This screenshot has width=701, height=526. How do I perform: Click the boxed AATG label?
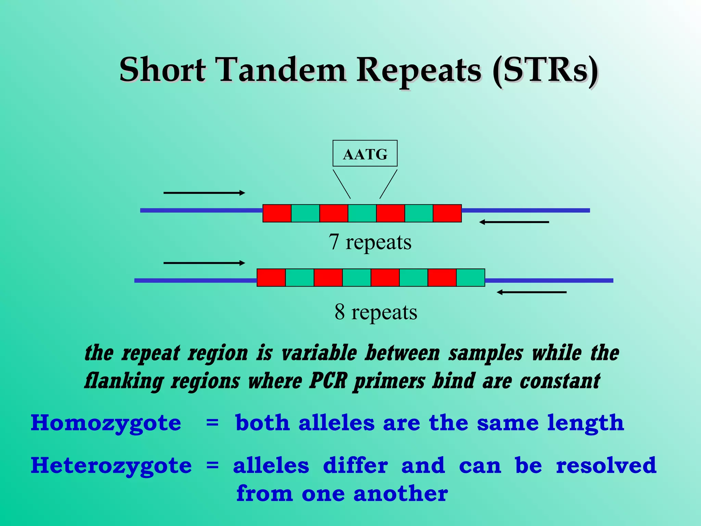[365, 153]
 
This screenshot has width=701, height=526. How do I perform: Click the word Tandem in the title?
[282, 70]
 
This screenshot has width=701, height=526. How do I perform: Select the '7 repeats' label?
[370, 242]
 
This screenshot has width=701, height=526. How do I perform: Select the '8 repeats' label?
[376, 312]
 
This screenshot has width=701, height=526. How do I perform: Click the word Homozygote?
[106, 423]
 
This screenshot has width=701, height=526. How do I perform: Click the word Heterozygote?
[111, 466]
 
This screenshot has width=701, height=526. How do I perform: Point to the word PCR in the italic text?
[328, 380]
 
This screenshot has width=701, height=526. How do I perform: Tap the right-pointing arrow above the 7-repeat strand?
[204, 193]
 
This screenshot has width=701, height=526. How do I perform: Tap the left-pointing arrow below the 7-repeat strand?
[514, 222]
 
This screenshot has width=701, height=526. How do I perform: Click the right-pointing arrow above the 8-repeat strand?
[204, 263]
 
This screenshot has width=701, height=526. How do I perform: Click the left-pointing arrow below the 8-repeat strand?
[532, 292]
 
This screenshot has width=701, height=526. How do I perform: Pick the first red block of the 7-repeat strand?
[277, 213]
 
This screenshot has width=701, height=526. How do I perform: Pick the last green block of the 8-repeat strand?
[470, 277]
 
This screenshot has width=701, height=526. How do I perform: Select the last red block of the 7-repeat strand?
[447, 213]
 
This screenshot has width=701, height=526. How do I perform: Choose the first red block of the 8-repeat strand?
[271, 277]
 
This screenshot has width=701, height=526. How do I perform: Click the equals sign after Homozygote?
[212, 423]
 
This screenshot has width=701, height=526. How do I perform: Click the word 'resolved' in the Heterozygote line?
[606, 465]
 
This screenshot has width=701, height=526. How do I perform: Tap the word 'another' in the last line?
[400, 494]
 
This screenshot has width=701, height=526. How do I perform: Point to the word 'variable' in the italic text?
[319, 353]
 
